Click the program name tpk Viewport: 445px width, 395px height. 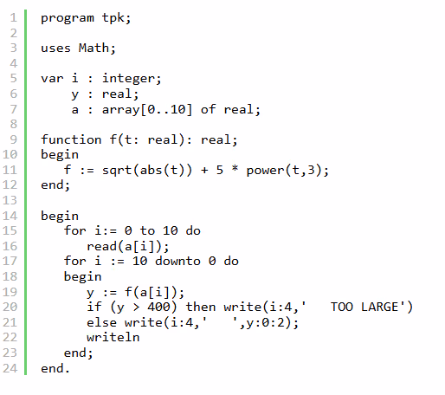coord(113,18)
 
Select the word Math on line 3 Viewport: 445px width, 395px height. coord(94,48)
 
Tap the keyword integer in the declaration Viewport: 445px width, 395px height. coord(128,79)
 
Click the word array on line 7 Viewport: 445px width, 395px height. coord(120,110)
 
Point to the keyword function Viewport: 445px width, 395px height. coord(71,139)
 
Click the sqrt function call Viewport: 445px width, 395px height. coord(117,171)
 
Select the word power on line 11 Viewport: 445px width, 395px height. coord(265,171)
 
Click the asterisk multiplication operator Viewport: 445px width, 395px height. coord(235,169)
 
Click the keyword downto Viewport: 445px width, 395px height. coord(177,261)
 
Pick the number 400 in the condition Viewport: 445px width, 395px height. coord(158,307)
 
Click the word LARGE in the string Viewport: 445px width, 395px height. coord(379,307)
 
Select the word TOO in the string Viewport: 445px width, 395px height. coord(342,307)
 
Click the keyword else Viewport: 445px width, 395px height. coord(101,322)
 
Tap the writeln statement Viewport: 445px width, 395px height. coord(113,337)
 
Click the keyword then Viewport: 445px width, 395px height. coord(201,307)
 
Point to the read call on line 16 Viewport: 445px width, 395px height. coord(101,246)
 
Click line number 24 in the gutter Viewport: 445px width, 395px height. coord(10,368)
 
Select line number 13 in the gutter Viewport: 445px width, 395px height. coord(10,200)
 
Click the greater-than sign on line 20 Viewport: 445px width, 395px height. coord(136,308)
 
